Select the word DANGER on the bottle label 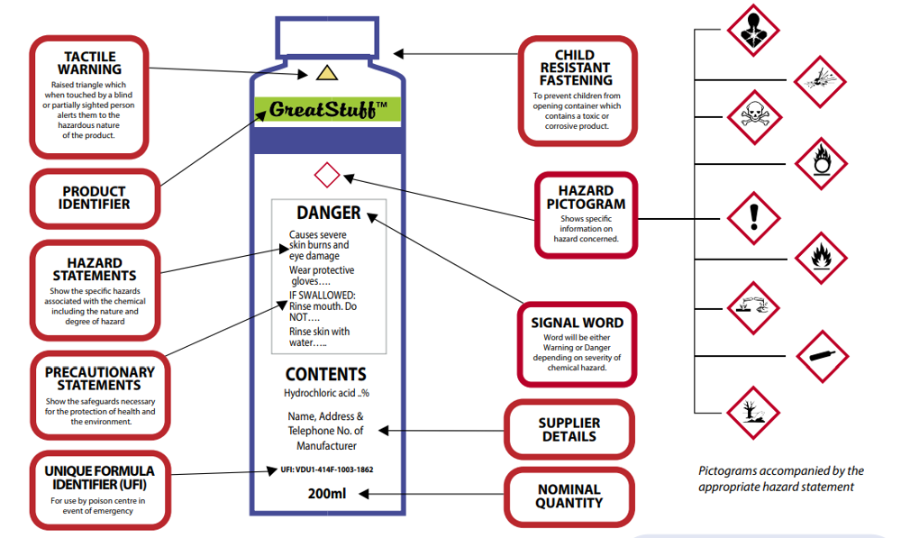tap(329, 214)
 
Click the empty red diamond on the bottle tap(327, 174)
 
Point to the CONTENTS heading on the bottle tap(326, 374)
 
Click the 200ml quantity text tap(326, 493)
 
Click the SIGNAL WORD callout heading tap(577, 323)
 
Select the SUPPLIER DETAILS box tap(569, 430)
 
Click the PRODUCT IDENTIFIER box tap(95, 198)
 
